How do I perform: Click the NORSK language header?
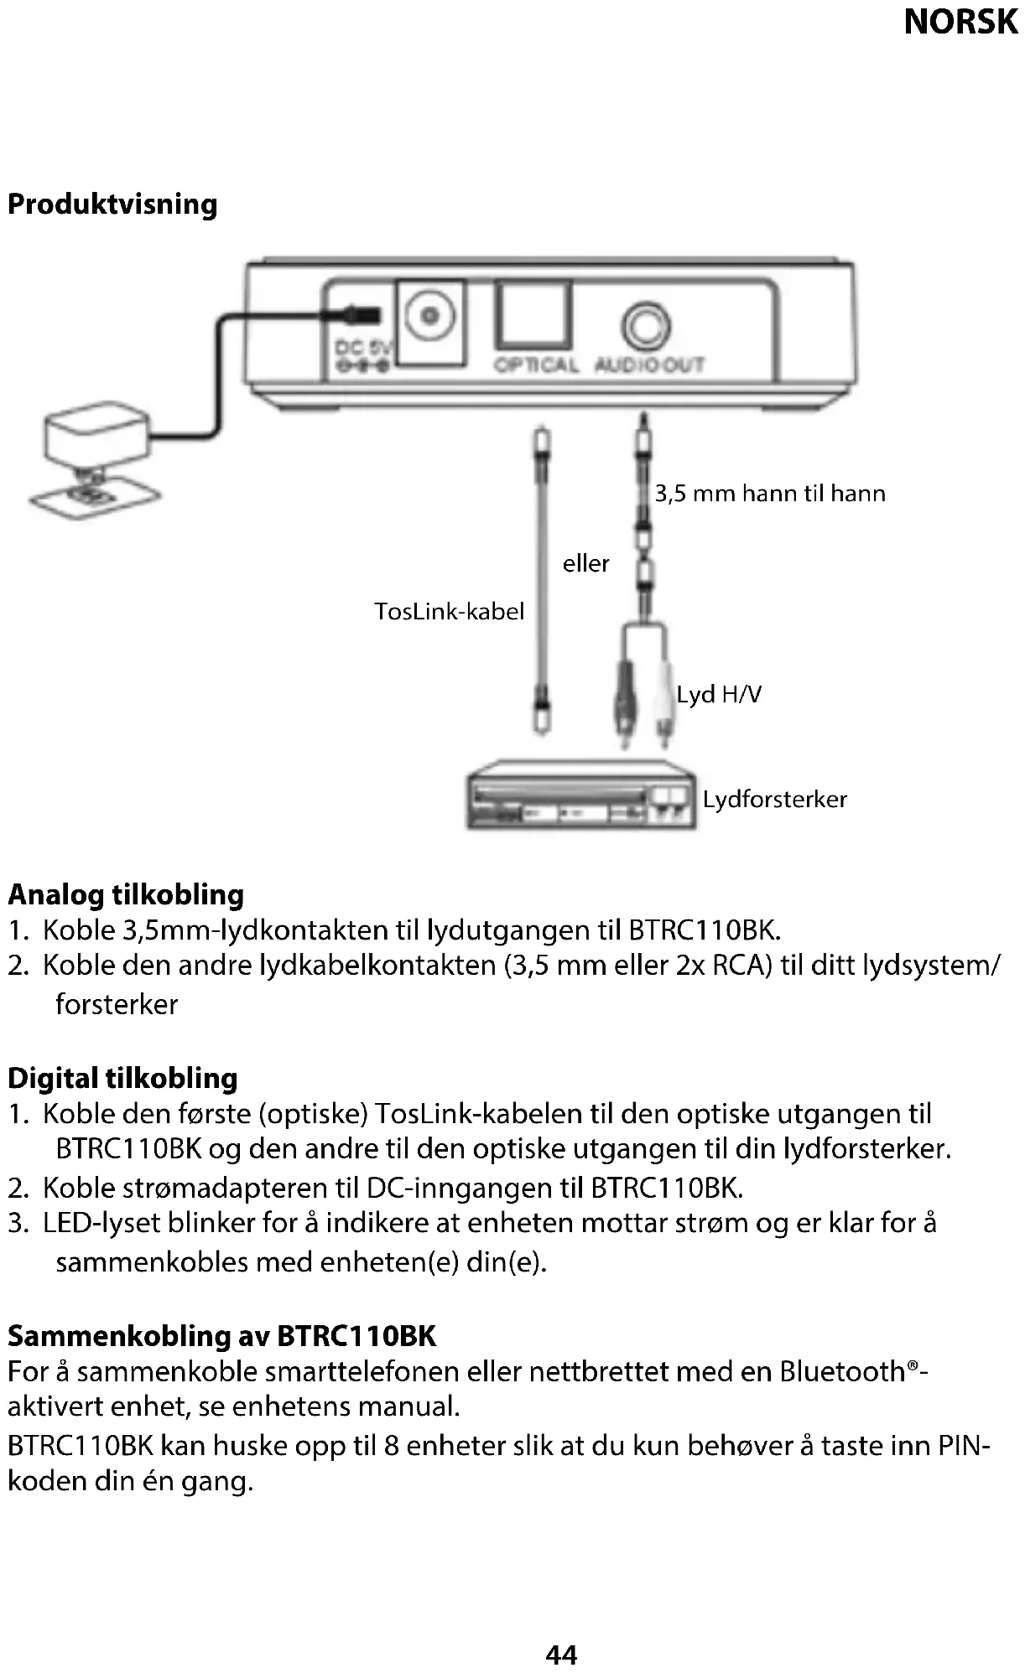pyautogui.click(x=960, y=22)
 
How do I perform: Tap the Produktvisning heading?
pyautogui.click(x=112, y=205)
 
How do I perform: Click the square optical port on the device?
pyautogui.click(x=533, y=315)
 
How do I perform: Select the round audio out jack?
pyautogui.click(x=646, y=324)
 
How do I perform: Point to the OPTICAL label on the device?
pyautogui.click(x=536, y=365)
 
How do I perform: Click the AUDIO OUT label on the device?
pyautogui.click(x=649, y=365)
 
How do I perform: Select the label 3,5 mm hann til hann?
pyautogui.click(x=769, y=493)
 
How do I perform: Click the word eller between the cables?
pyautogui.click(x=585, y=563)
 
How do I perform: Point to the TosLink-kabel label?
pyautogui.click(x=449, y=611)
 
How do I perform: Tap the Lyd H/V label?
pyautogui.click(x=719, y=694)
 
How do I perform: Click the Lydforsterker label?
pyautogui.click(x=774, y=799)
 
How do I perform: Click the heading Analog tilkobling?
pyautogui.click(x=126, y=894)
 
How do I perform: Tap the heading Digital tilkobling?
pyautogui.click(x=122, y=1078)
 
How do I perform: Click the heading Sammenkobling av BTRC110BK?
pyautogui.click(x=221, y=1335)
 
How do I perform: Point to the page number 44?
pyautogui.click(x=561, y=1655)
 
